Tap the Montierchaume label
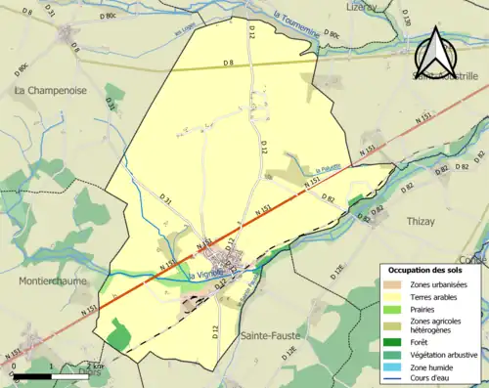coord(53,280)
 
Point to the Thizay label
coord(421,222)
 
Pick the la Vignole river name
coord(205,274)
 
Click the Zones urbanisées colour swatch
coord(393,284)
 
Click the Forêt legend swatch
coord(393,343)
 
